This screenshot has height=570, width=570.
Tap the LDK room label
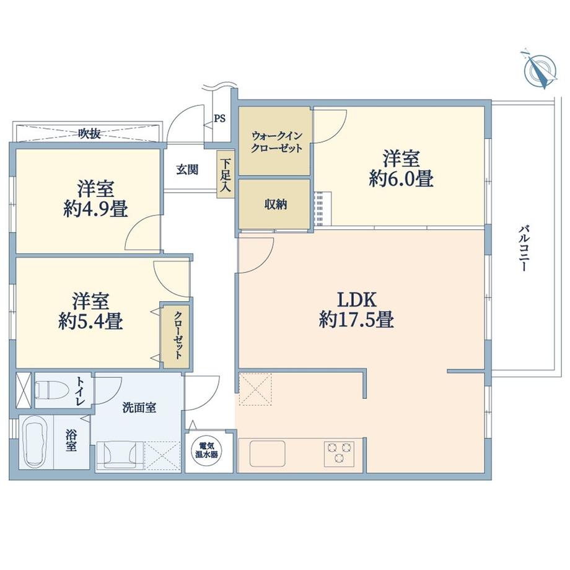click(357, 300)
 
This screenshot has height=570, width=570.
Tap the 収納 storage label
click(276, 205)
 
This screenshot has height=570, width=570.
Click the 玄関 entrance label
click(186, 169)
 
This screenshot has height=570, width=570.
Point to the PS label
click(220, 118)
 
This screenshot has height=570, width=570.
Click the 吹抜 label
click(90, 133)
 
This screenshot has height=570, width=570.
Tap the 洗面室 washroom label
click(139, 408)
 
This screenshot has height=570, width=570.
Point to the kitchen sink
click(267, 453)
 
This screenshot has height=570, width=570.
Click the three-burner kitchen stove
click(339, 452)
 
